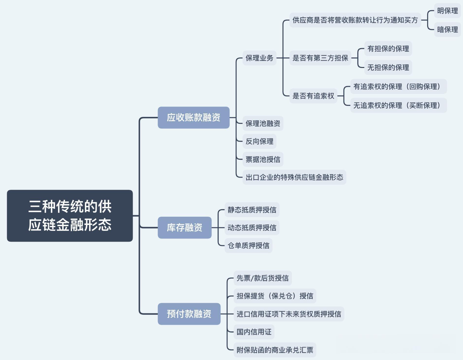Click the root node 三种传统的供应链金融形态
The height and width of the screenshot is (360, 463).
point(70,215)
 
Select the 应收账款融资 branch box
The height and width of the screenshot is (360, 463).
point(194,117)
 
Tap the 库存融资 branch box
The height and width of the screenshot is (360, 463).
point(185,228)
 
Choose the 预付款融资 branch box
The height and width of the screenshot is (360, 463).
point(189,314)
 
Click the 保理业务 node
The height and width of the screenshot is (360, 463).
point(259,58)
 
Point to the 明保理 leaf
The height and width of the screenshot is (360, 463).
point(447,11)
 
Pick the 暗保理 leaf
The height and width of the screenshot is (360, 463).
point(447,30)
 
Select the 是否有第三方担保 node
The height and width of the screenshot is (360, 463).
point(320,58)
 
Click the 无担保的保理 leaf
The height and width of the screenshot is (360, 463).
point(388,68)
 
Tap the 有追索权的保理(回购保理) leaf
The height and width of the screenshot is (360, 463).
point(398,87)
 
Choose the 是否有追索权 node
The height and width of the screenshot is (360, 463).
point(313,96)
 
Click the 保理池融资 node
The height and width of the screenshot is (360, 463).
point(263,123)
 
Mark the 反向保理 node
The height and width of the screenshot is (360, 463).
point(259,141)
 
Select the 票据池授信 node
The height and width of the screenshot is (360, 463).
point(263,159)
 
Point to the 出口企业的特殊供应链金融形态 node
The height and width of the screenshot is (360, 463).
point(294,177)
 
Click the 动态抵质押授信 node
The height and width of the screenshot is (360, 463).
point(252,228)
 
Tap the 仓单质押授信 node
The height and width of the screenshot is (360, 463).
point(248,246)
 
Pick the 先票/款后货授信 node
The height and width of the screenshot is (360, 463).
point(262,278)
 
